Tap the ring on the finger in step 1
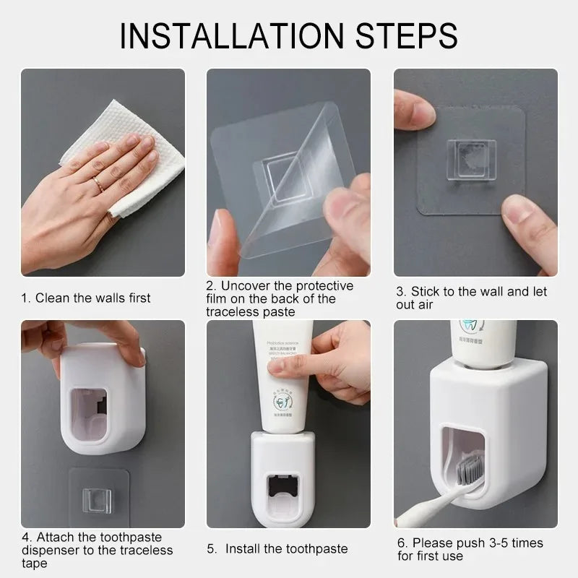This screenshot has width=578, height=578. (x=98, y=184)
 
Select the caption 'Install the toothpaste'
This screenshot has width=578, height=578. (x=286, y=549)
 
